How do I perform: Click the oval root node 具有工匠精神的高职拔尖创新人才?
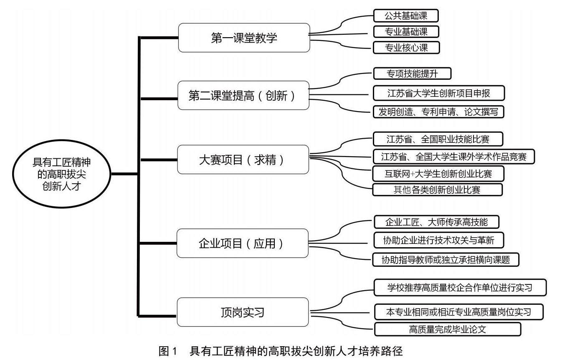(61, 174)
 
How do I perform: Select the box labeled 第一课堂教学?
(244, 38)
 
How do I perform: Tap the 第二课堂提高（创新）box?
(243, 95)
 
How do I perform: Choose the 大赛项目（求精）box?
(243, 160)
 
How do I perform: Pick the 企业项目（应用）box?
(243, 243)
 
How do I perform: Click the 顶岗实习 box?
(243, 312)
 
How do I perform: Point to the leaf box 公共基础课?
(406, 16)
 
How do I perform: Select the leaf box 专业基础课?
(406, 32)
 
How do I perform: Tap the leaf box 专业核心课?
(406, 48)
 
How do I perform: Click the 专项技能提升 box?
(412, 74)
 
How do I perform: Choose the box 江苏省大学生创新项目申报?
(439, 93)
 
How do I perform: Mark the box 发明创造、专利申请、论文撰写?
(438, 112)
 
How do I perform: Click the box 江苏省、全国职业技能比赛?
(438, 139)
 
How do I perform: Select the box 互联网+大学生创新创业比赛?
(438, 174)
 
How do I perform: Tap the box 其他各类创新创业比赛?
(438, 190)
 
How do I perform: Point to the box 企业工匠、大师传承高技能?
(436, 222)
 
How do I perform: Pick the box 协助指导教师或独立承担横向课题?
(446, 259)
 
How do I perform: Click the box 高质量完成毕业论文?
(448, 329)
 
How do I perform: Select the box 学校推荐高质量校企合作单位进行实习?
(460, 287)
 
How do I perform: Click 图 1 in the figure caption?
(168, 351)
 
